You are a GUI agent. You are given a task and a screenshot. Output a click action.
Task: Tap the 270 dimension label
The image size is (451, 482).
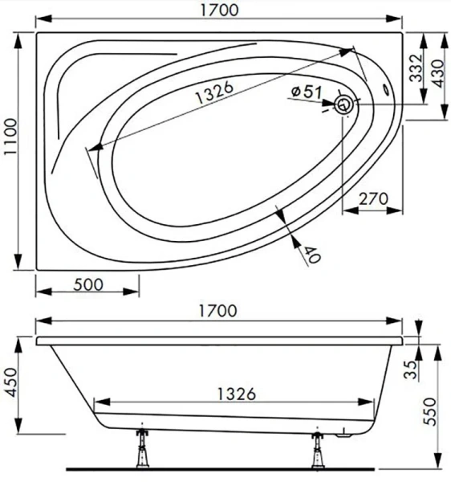tap(373, 199)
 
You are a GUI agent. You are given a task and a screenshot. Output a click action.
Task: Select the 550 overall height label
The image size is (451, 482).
tap(439, 407)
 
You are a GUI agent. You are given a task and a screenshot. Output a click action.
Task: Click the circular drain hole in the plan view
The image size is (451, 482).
tap(345, 103)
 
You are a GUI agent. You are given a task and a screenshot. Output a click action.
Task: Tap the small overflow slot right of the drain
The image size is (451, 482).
tap(389, 92)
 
